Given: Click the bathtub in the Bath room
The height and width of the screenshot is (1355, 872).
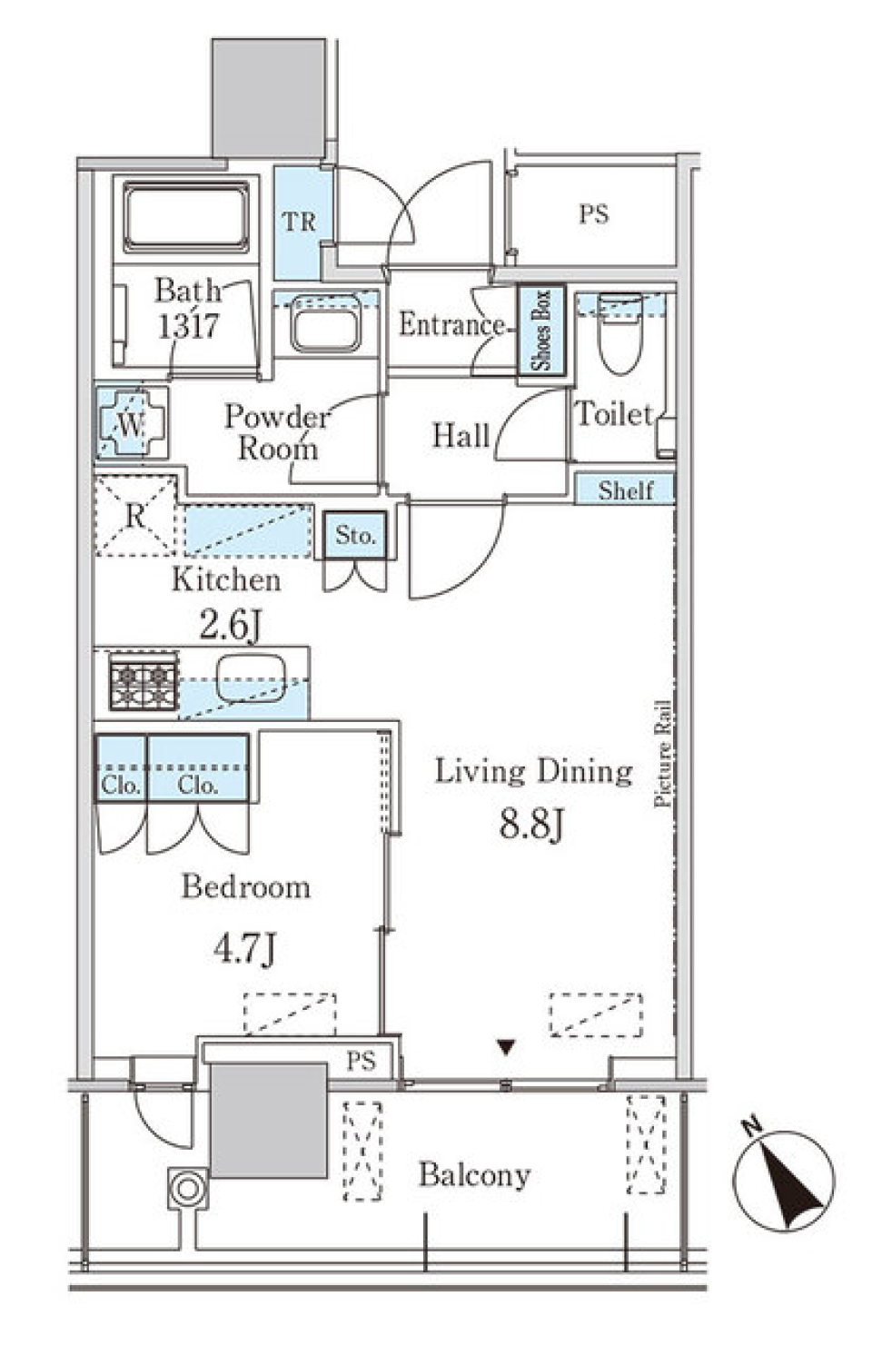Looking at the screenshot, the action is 186,216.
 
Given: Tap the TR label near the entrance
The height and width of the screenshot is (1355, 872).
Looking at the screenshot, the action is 300,222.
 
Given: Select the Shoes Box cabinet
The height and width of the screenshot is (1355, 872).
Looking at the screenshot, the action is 541,331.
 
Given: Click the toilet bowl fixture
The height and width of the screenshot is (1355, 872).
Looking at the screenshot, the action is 619,333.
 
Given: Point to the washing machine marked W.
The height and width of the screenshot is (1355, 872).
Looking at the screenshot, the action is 132,423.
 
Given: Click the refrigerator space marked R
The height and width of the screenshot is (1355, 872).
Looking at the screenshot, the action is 136,516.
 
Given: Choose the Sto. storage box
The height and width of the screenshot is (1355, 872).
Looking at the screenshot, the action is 354,535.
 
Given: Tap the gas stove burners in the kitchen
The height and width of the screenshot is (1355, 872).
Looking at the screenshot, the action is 144,682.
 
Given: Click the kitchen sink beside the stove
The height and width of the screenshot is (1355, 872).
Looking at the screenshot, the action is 251,679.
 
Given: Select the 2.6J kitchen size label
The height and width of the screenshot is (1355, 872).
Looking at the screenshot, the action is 231,626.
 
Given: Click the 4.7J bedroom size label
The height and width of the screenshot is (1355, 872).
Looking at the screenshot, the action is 245,950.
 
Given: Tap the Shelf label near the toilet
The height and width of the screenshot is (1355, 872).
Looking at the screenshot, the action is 626,490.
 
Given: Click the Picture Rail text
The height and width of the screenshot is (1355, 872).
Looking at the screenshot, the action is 663,753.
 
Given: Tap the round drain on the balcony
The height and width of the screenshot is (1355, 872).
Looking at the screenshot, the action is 188,1189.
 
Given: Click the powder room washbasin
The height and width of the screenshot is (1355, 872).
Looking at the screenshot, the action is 325,324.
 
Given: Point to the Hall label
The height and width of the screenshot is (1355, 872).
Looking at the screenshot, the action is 461,436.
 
